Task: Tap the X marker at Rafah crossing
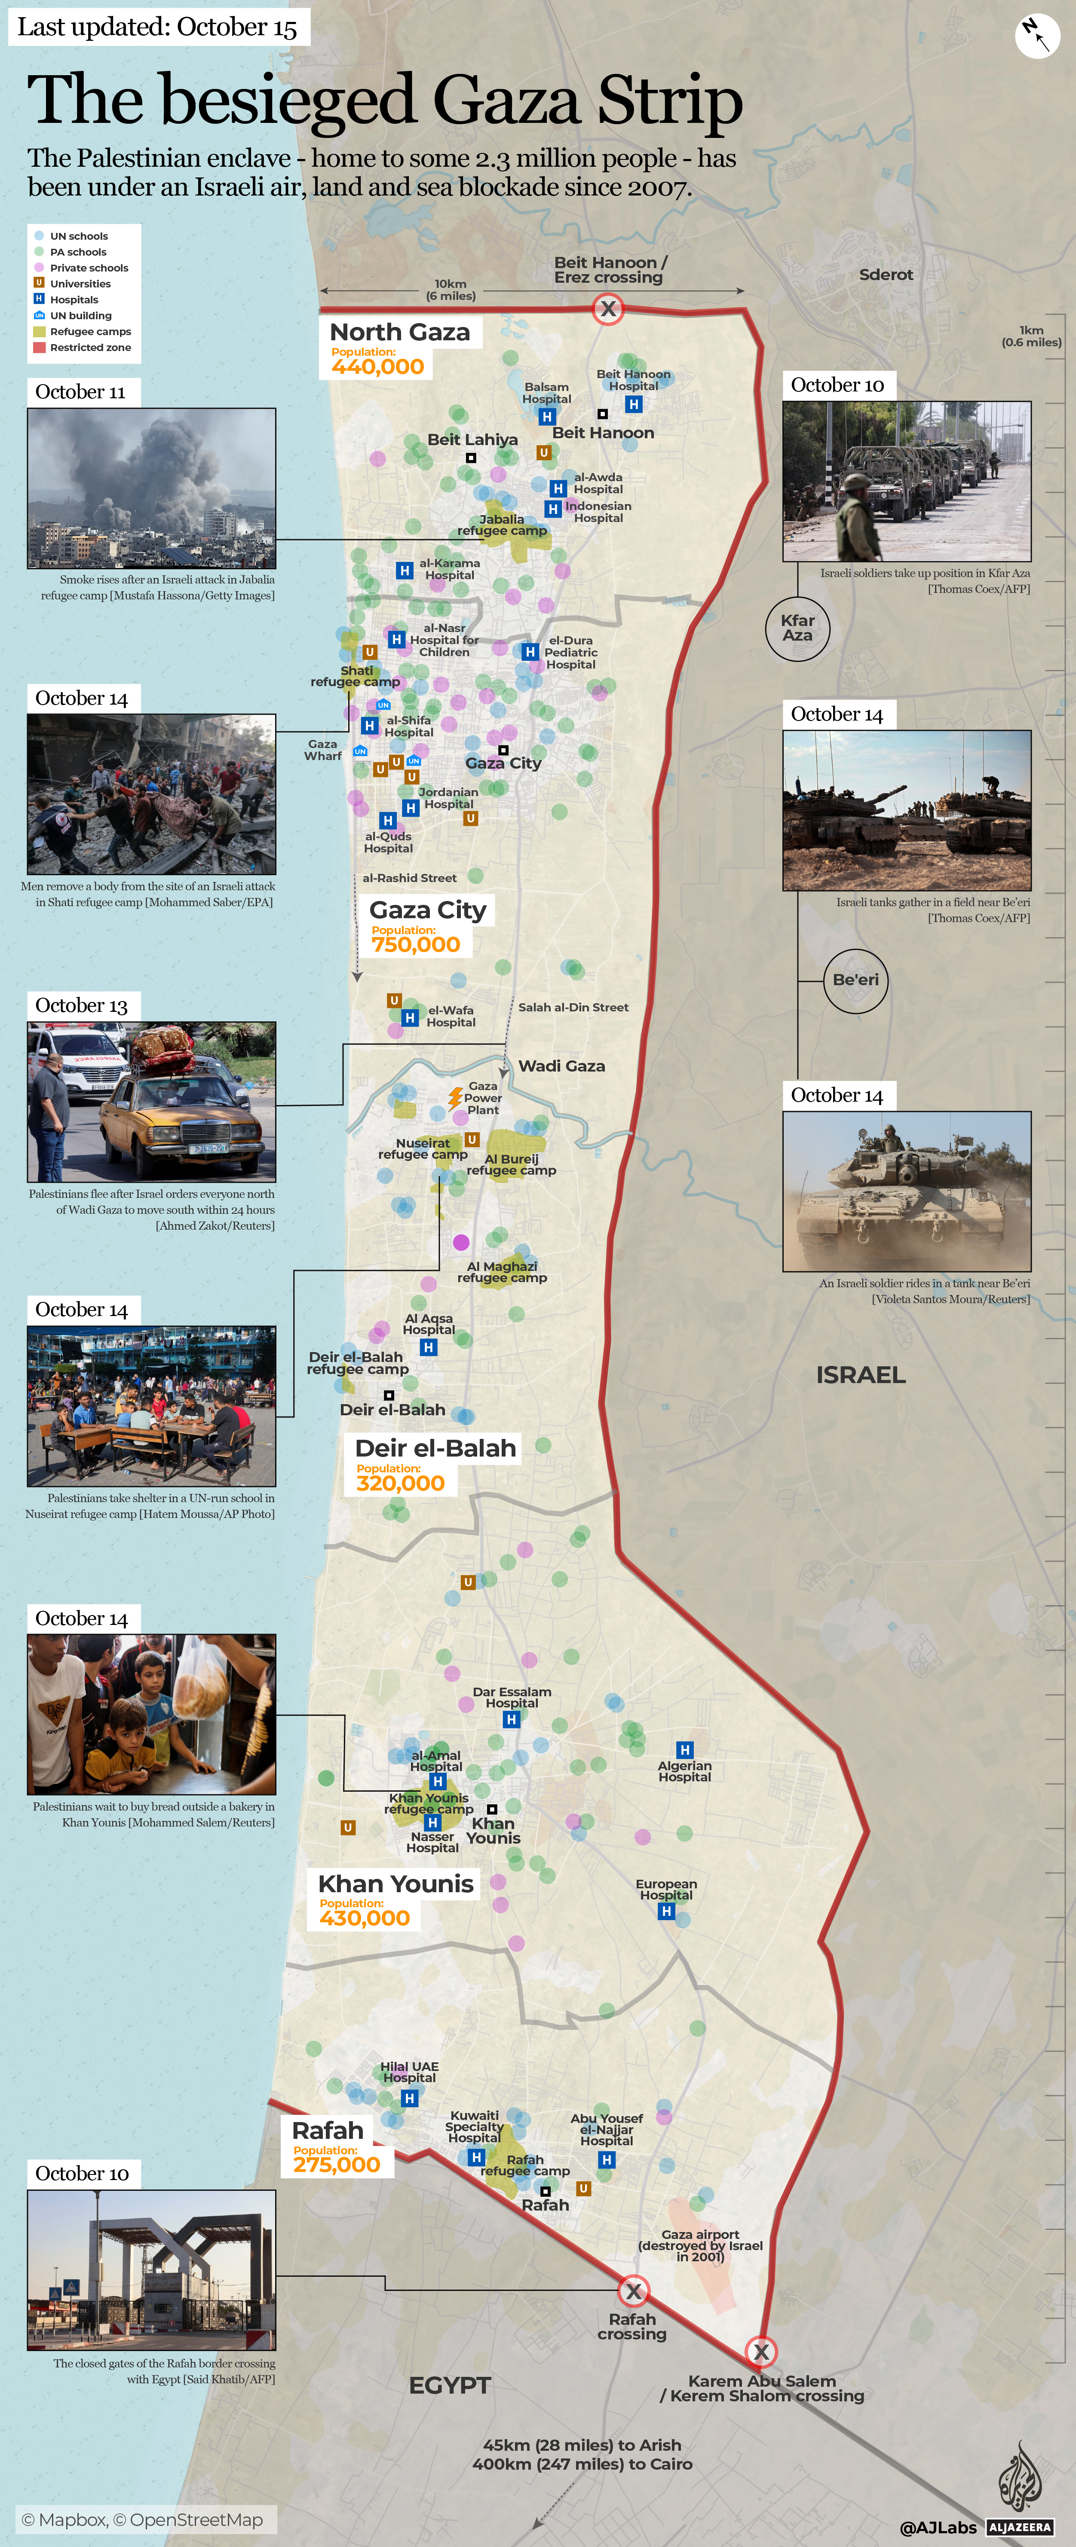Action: tap(633, 2291)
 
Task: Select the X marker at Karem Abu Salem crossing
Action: tap(760, 2351)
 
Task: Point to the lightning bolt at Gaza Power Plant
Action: tap(455, 1097)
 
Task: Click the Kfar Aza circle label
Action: tap(797, 628)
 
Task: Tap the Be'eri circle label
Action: tap(855, 980)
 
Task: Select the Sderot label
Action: tap(885, 275)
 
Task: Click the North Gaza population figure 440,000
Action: tap(378, 367)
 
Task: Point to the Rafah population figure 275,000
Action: tap(336, 2164)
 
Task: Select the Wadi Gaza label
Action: tap(562, 1066)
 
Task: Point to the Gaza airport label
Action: tap(700, 2245)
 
